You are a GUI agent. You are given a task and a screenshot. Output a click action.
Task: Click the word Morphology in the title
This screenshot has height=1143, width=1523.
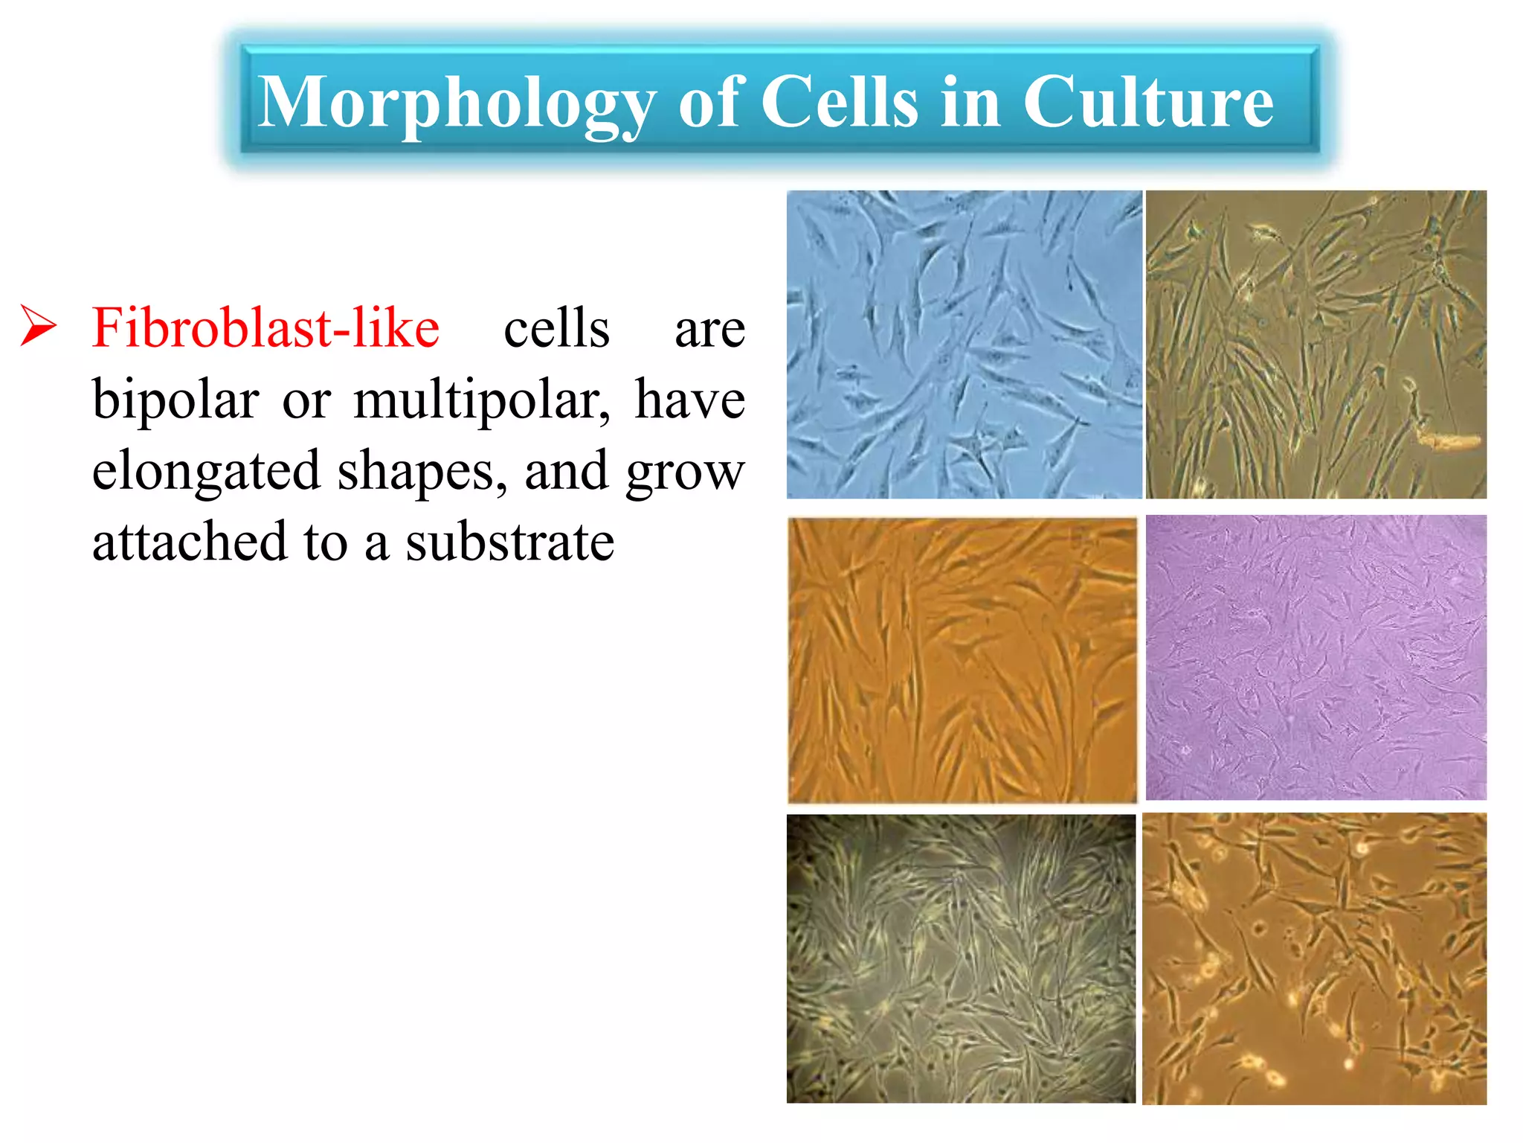pyautogui.click(x=455, y=104)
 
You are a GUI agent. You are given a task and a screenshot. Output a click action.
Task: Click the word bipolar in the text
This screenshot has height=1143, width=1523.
pyautogui.click(x=176, y=400)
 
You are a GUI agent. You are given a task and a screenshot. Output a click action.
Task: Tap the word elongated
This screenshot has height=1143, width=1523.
pyautogui.click(x=206, y=471)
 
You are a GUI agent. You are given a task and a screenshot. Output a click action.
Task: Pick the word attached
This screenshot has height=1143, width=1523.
pyautogui.click(x=189, y=542)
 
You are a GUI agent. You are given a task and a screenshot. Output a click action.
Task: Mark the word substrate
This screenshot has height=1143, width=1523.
pyautogui.click(x=509, y=542)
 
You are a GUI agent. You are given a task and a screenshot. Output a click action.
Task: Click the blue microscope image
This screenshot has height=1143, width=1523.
pyautogui.click(x=964, y=345)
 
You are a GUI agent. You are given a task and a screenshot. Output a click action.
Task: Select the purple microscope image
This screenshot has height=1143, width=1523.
pyautogui.click(x=1316, y=657)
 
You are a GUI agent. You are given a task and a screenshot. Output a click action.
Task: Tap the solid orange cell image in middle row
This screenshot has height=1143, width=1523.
pyautogui.click(x=962, y=660)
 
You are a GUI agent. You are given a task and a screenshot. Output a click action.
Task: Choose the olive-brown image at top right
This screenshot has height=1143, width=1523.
pyautogui.click(x=1316, y=345)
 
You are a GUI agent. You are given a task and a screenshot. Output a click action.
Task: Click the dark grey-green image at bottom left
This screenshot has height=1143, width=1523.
pyautogui.click(x=961, y=958)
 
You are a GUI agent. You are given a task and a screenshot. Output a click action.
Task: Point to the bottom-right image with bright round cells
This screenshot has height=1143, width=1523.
pyautogui.click(x=1314, y=958)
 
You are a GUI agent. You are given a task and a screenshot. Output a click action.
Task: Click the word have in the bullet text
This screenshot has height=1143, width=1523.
pyautogui.click(x=689, y=400)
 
